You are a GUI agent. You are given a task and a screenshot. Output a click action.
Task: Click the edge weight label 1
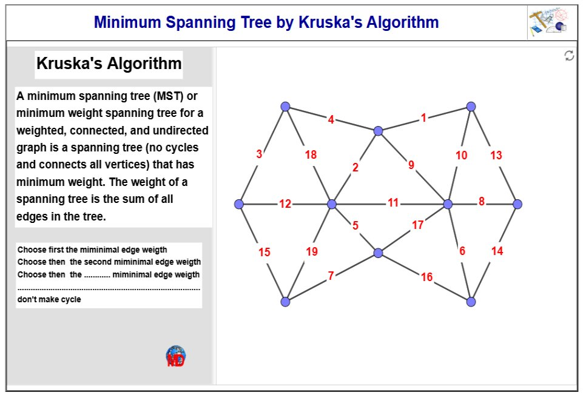coord(423,118)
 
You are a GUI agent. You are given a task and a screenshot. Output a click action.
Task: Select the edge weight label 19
coord(312,252)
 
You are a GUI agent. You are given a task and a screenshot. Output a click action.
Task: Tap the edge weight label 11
coord(393,203)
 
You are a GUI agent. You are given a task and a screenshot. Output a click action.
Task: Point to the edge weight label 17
coord(418,225)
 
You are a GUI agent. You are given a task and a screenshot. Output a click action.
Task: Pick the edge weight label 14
coord(497,251)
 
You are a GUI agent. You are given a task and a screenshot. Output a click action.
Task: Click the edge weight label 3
coord(259,154)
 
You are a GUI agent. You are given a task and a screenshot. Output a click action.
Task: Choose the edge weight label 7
coord(331,276)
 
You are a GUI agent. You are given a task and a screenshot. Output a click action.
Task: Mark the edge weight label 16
coord(426,277)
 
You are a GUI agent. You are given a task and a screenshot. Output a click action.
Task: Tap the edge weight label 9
coord(411,165)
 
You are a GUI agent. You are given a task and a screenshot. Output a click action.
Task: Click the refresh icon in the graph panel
coord(569,56)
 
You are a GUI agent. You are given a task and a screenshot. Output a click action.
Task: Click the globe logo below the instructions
coord(176,356)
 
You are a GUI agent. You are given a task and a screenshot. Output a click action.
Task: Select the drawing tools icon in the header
coord(547,23)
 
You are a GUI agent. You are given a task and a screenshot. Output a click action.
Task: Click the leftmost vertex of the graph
coord(239,204)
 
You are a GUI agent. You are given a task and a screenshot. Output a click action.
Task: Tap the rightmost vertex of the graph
coord(517,204)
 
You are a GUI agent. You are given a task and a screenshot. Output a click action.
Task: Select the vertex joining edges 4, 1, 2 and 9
coord(378,131)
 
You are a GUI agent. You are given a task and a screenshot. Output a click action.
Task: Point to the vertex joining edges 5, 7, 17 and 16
coord(378,253)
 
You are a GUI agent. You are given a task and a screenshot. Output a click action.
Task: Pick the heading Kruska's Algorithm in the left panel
coord(109,64)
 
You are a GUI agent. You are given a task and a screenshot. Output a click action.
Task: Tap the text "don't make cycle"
coord(49,300)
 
